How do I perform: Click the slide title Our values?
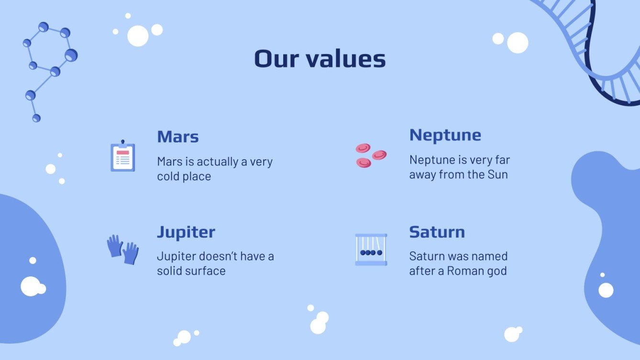(x=320, y=59)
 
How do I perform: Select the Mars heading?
(x=177, y=137)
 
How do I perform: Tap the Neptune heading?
(x=445, y=135)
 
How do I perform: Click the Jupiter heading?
(x=186, y=232)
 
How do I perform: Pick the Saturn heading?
(x=437, y=232)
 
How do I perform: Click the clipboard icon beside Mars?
(x=123, y=156)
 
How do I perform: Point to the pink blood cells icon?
(x=370, y=155)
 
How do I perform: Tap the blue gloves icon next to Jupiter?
(x=122, y=249)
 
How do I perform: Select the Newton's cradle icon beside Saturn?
(x=371, y=250)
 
